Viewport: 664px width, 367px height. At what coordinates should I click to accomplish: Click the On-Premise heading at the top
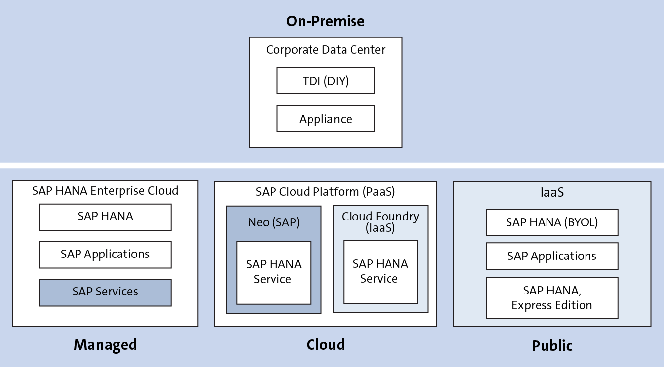325,21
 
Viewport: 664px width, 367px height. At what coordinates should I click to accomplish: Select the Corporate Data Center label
325,50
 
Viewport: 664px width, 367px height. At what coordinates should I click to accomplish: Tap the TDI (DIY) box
325,81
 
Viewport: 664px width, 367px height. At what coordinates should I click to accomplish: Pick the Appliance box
325,119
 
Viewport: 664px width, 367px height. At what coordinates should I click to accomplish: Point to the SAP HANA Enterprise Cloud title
105,191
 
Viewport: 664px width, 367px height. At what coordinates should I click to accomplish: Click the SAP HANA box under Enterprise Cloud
105,217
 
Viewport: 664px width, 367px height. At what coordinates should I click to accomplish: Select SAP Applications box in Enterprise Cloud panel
105,255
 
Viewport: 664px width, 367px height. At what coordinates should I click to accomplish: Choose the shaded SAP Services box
105,292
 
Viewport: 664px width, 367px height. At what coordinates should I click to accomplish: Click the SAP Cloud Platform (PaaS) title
325,192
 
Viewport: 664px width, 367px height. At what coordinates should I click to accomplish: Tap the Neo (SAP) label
273,222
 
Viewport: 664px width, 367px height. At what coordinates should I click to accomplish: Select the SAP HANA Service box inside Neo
273,272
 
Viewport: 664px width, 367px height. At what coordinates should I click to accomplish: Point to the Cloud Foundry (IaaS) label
380,222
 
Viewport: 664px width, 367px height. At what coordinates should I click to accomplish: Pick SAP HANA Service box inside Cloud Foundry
380,271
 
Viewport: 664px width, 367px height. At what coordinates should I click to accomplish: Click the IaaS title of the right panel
552,192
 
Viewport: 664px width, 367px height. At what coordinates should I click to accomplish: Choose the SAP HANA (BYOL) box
552,222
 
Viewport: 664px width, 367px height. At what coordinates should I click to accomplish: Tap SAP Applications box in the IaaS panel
552,256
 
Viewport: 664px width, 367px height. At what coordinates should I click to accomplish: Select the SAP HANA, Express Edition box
552,298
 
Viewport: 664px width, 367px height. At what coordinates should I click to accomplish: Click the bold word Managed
105,345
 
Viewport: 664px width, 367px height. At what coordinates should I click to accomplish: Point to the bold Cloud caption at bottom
325,344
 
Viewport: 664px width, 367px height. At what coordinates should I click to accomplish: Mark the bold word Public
552,346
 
